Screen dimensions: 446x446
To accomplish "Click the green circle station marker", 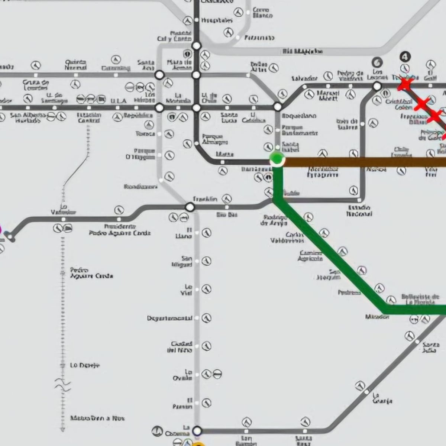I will click(x=277, y=159).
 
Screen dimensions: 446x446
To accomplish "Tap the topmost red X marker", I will click(x=405, y=84).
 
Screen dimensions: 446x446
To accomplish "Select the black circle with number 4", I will click(x=405, y=57).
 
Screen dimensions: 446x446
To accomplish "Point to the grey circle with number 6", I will click(x=377, y=62).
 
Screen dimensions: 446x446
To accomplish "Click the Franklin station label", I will click(x=205, y=199).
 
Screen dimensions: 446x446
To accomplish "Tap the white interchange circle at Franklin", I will click(x=190, y=207).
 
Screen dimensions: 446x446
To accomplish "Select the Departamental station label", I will click(x=169, y=318).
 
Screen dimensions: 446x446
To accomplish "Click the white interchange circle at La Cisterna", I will click(x=197, y=430).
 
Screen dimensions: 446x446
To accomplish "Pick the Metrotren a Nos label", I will click(x=97, y=418).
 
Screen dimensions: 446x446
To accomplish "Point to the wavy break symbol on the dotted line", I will click(x=62, y=384).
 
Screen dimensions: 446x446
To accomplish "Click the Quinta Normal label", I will click(x=75, y=65).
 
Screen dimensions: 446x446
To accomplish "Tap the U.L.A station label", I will click(x=119, y=101).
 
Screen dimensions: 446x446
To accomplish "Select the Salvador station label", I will click(x=304, y=78).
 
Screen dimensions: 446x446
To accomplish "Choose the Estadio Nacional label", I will click(x=359, y=210).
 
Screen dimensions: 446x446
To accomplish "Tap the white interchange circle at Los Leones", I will click(x=377, y=86).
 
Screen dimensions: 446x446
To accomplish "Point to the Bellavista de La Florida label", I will click(x=420, y=299).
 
